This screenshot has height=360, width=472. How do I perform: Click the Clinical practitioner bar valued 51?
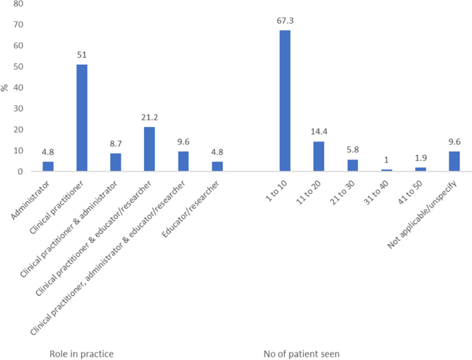pos(82,118)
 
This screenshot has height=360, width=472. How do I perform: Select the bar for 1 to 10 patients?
pos(285,101)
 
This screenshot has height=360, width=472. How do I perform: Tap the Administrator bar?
pos(48,166)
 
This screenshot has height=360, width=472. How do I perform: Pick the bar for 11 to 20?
pos(318,157)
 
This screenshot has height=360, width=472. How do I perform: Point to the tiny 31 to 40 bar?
pos(387,170)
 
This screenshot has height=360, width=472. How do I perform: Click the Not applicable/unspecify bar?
pos(454,161)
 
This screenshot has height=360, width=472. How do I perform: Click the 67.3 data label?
pos(285,21)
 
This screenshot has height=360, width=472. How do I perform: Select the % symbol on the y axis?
pos(6,88)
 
